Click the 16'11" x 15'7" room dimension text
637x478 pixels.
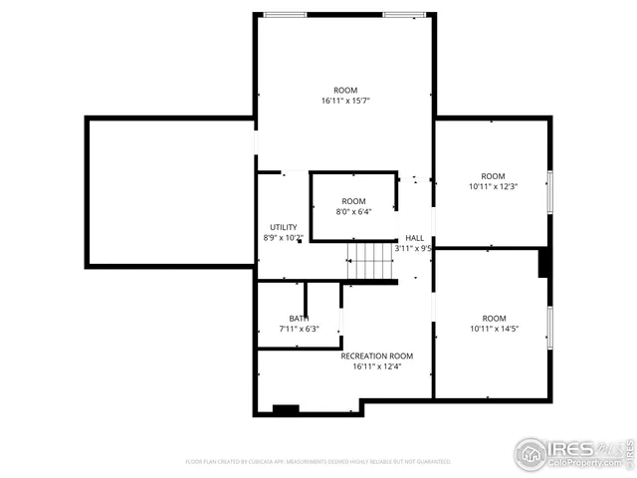345,102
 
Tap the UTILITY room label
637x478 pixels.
284,227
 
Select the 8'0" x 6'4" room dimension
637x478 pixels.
353,212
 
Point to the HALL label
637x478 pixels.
414,238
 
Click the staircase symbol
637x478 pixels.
370,261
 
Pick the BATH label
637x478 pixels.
299,318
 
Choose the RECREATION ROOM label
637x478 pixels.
376,356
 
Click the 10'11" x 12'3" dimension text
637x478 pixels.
494,186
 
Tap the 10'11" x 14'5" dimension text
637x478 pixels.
494,329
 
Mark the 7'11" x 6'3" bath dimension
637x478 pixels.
299,329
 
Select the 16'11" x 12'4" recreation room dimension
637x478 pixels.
376,366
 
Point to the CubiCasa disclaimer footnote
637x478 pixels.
318,462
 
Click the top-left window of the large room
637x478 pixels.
285,15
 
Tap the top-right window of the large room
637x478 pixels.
405,15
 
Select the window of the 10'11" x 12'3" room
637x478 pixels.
548,191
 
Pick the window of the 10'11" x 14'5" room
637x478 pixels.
548,328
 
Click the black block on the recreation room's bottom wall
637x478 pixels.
287,409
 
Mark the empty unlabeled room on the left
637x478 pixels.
169,192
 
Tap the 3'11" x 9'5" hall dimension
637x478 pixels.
413,248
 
